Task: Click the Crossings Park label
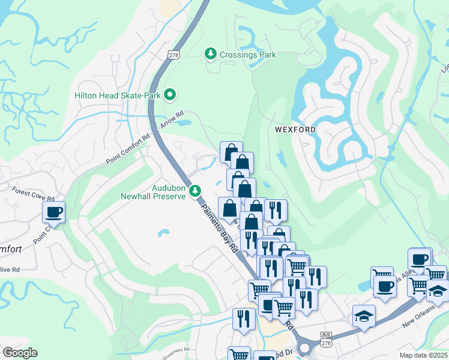coord(247,55)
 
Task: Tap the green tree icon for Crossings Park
coord(211,54)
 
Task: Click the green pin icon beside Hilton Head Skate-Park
coord(170,94)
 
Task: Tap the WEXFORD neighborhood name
coord(295,129)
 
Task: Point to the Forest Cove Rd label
coord(33,193)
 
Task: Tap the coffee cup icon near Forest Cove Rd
coord(53,212)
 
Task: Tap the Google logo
coord(20,353)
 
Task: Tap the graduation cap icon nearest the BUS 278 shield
coord(363,316)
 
